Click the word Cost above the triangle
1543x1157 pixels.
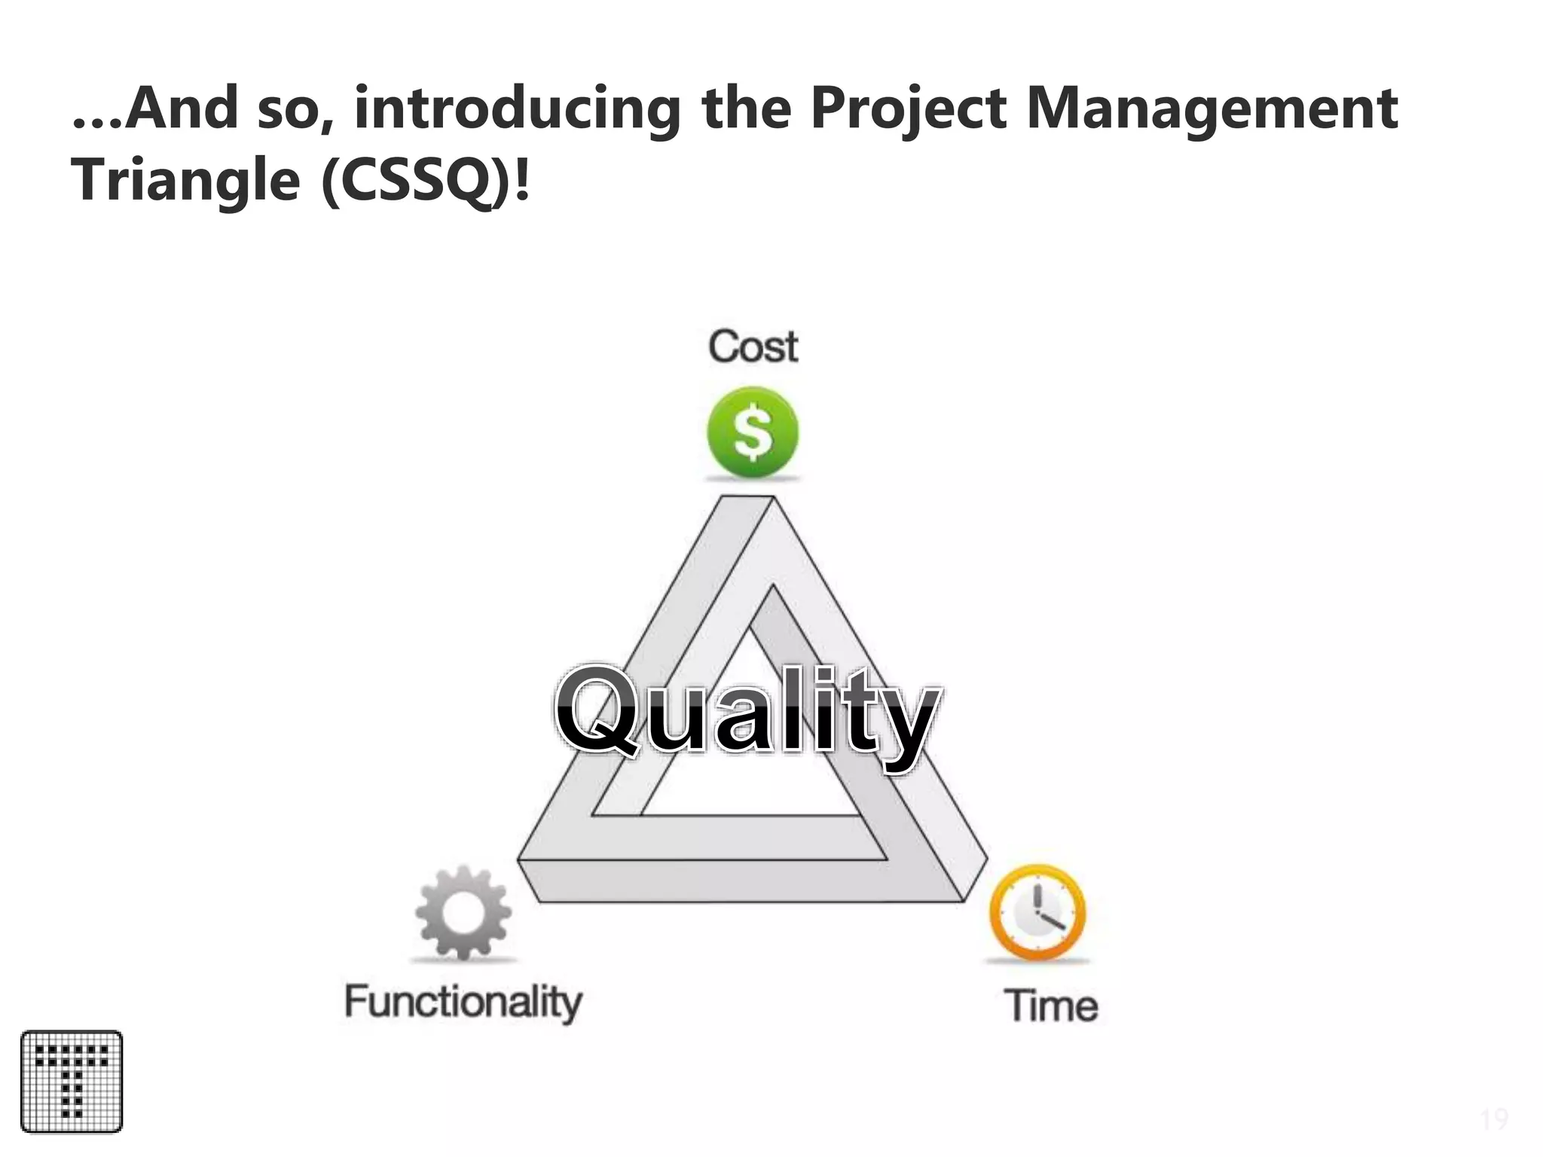pos(753,347)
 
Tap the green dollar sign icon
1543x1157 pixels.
pos(752,432)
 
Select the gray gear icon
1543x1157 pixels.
pos(463,913)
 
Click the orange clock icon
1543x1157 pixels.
pos(1037,912)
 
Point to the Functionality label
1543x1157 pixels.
pos(463,1003)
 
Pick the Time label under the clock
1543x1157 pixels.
pos(1051,1006)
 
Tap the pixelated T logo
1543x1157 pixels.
pos(72,1082)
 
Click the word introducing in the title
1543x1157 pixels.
pos(517,108)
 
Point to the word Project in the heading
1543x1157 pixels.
pos(909,108)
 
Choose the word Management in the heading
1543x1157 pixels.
pos(1212,108)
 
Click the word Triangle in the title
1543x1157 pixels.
pos(185,181)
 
